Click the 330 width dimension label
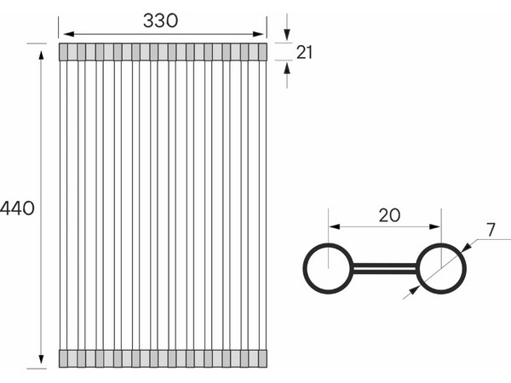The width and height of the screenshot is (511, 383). [160, 20]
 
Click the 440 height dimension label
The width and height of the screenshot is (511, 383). [17, 209]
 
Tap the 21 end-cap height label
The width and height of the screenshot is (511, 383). [304, 52]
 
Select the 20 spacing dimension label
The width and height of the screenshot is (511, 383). [389, 215]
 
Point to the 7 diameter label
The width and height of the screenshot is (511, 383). [491, 230]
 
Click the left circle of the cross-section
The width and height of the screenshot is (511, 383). [304, 268]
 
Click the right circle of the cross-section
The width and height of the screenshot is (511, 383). [465, 268]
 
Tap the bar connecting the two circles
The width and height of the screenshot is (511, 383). [385, 268]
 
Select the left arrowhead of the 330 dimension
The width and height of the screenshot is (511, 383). [69, 34]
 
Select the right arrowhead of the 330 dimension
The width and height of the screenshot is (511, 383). [258, 34]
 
